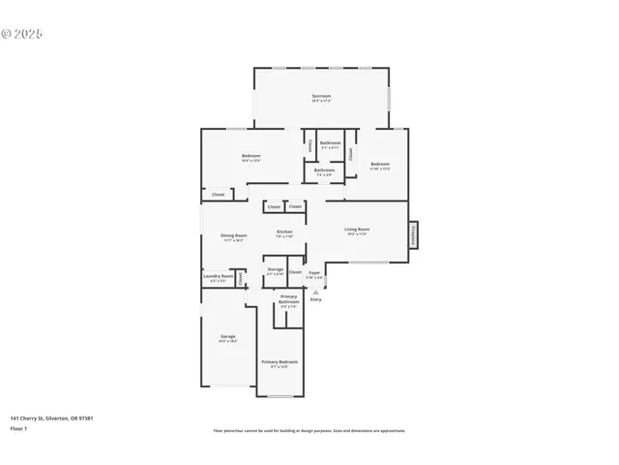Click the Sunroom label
[x=321, y=97]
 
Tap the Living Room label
[x=357, y=230]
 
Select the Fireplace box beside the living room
[x=413, y=233]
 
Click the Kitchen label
[x=284, y=232]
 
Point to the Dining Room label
[x=234, y=236]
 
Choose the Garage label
[x=227, y=337]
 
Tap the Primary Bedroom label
[x=280, y=362]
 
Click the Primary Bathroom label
[x=288, y=298]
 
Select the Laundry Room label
[x=218, y=277]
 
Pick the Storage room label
[x=276, y=270]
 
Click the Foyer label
[x=314, y=274]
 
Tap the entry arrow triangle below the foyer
[x=315, y=291]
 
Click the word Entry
[x=315, y=299]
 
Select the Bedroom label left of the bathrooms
[x=251, y=157]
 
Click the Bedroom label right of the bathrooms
[x=380, y=165]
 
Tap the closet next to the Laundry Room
[x=240, y=278]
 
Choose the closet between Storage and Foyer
[x=295, y=272]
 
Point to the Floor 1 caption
[x=18, y=428]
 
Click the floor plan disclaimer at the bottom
[x=309, y=431]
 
